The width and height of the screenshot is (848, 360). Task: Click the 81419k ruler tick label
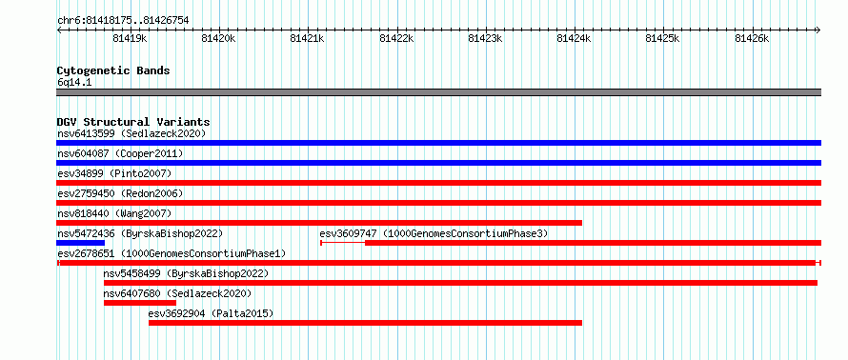130,38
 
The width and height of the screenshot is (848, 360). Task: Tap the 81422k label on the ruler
396,38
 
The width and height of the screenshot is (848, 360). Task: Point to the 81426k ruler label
752,38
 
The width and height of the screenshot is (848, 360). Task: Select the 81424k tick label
574,38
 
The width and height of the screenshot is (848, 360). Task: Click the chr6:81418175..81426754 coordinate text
123,21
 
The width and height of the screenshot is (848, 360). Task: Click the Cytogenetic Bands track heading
113,70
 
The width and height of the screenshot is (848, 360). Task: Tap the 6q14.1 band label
74,83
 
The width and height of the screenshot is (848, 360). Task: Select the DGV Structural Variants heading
133,122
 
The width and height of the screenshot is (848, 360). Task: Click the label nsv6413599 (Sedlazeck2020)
131,133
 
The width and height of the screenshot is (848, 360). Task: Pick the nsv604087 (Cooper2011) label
120,153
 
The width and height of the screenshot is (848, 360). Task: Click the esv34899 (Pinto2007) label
114,173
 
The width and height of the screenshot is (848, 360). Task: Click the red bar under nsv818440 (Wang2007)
319,223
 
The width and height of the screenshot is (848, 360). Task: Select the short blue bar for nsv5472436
80,243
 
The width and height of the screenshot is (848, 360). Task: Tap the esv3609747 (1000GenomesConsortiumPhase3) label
434,233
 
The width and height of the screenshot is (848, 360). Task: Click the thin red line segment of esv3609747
343,243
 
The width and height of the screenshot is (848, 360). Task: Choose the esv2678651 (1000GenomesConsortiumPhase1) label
172,253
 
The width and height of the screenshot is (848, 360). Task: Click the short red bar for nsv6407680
140,303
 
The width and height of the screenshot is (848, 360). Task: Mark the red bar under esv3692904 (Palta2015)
366,323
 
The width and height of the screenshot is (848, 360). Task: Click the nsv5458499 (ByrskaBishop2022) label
186,273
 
